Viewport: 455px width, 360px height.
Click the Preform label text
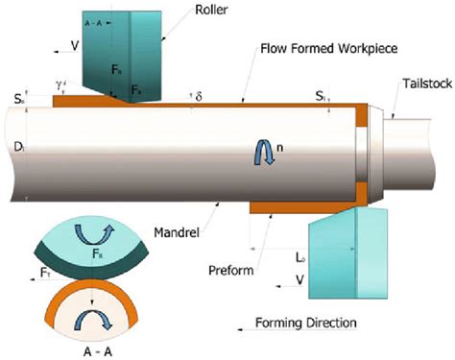pyautogui.click(x=231, y=270)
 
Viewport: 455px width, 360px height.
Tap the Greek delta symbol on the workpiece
pyautogui.click(x=199, y=96)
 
